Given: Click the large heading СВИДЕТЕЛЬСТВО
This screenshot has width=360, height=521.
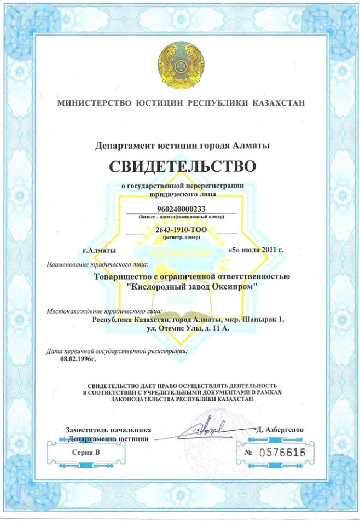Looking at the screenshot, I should [x=182, y=166].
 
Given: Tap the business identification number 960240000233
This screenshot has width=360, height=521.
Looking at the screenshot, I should [x=181, y=209].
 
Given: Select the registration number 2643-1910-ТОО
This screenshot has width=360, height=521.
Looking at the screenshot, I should [x=181, y=230].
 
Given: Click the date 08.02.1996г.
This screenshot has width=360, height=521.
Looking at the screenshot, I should [x=78, y=359].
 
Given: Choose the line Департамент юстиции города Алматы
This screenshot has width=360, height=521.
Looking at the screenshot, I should [x=182, y=146].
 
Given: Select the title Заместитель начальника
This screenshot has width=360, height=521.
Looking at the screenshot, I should [x=108, y=430].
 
